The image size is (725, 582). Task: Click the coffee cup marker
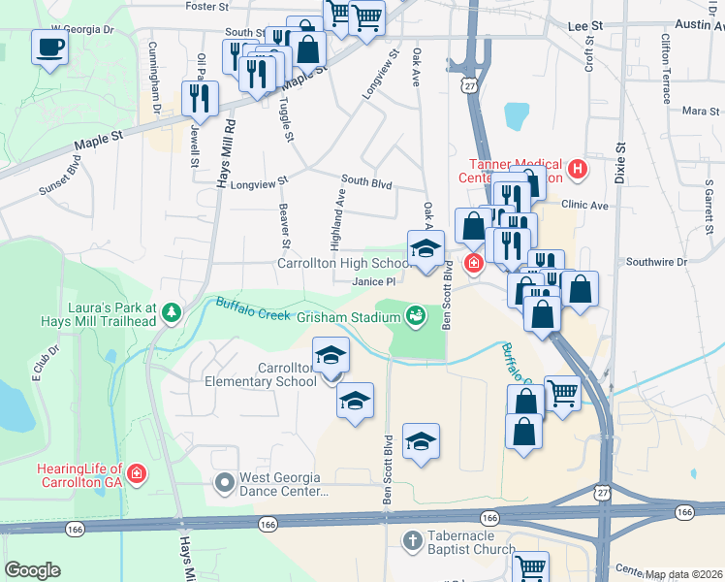coord(49,47)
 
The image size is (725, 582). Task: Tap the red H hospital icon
coord(579,170)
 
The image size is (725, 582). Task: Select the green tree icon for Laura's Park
coord(172,311)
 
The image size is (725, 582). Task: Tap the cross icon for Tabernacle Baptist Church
coord(412,540)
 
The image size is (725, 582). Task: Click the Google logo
coord(33,570)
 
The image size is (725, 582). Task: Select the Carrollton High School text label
coord(344,263)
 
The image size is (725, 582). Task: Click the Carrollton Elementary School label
coord(261,374)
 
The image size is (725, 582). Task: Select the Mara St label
coord(695,112)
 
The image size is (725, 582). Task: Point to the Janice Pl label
coord(374,281)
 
